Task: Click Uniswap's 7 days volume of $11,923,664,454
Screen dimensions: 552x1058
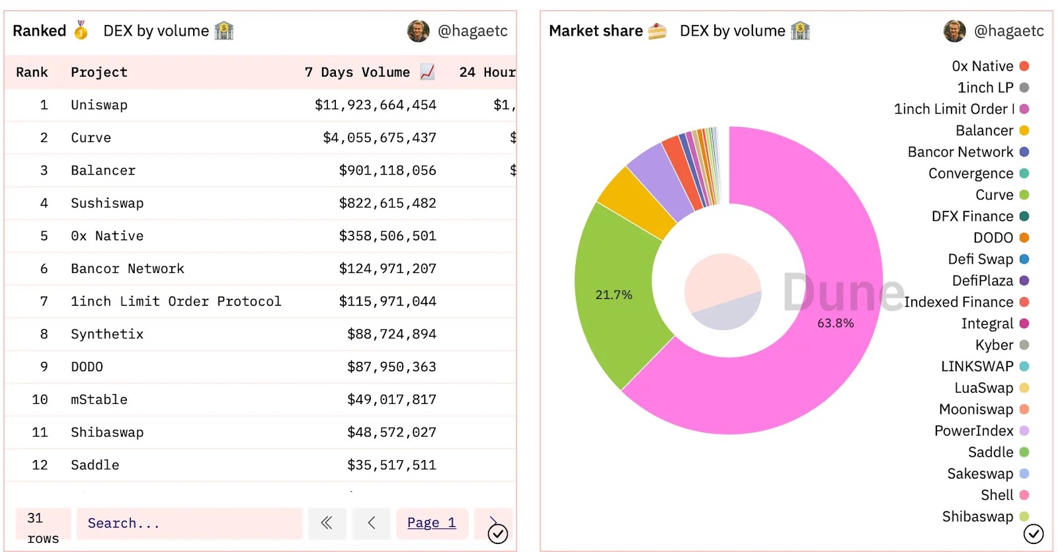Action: [x=375, y=105]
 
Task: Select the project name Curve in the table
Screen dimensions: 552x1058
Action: [x=91, y=138]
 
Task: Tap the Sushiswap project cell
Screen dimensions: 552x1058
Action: [x=107, y=203]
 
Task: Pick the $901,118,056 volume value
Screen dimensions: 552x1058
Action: [x=387, y=171]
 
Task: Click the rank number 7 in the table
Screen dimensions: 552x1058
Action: [x=44, y=301]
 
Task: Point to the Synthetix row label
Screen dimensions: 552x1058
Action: [x=107, y=334]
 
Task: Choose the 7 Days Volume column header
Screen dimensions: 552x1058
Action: [x=357, y=72]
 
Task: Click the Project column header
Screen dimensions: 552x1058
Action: [x=99, y=72]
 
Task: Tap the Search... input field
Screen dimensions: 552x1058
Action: [x=189, y=524]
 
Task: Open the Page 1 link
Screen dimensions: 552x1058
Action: [x=431, y=523]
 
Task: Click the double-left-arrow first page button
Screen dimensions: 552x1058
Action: [x=326, y=523]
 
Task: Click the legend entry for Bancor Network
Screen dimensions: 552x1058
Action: [x=960, y=152]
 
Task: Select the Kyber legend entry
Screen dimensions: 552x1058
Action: [x=994, y=345]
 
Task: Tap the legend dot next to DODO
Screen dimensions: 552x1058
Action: [x=1024, y=238]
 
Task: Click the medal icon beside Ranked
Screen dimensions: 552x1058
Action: [x=81, y=30]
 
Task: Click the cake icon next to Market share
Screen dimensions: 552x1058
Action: [x=657, y=31]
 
